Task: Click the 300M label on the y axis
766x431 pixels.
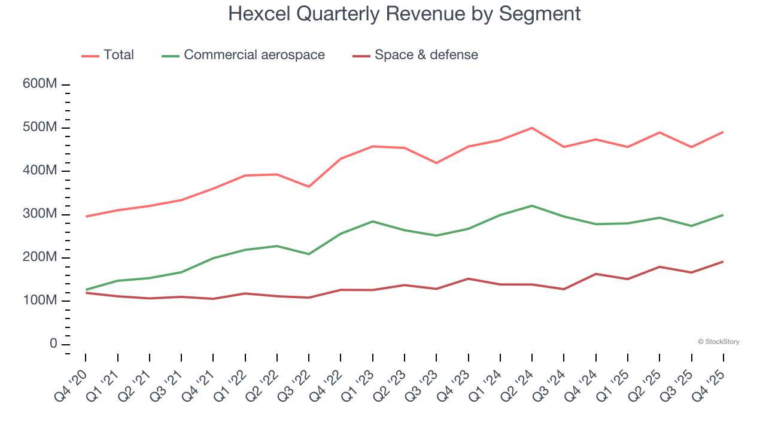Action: (x=39, y=214)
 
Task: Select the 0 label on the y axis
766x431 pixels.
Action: (x=53, y=344)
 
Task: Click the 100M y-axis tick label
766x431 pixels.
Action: (x=39, y=301)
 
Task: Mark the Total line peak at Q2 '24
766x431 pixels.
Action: (x=532, y=128)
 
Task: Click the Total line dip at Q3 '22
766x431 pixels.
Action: (x=309, y=187)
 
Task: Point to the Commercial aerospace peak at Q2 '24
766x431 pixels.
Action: (x=532, y=205)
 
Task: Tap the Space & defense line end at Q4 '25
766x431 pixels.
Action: (x=723, y=262)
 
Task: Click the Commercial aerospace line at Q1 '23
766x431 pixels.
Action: (x=373, y=221)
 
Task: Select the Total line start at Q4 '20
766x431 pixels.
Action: (x=86, y=216)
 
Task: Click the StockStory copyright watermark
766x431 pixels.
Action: (x=718, y=342)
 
